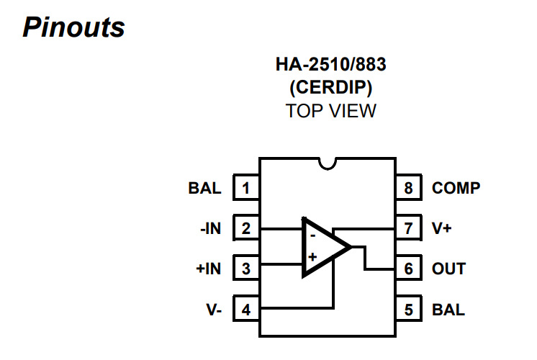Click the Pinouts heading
73,27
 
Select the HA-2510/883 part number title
330,65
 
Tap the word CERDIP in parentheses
330,88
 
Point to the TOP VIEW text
330,112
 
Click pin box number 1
246,189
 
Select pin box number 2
246,229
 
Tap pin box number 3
246,269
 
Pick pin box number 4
246,310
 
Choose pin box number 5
408,310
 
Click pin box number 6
408,269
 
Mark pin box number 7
408,229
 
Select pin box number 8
408,189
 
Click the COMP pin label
456,189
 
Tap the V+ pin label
442,229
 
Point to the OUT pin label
448,269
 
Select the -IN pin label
210,229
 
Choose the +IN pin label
209,269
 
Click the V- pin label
213,310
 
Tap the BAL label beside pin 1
204,189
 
